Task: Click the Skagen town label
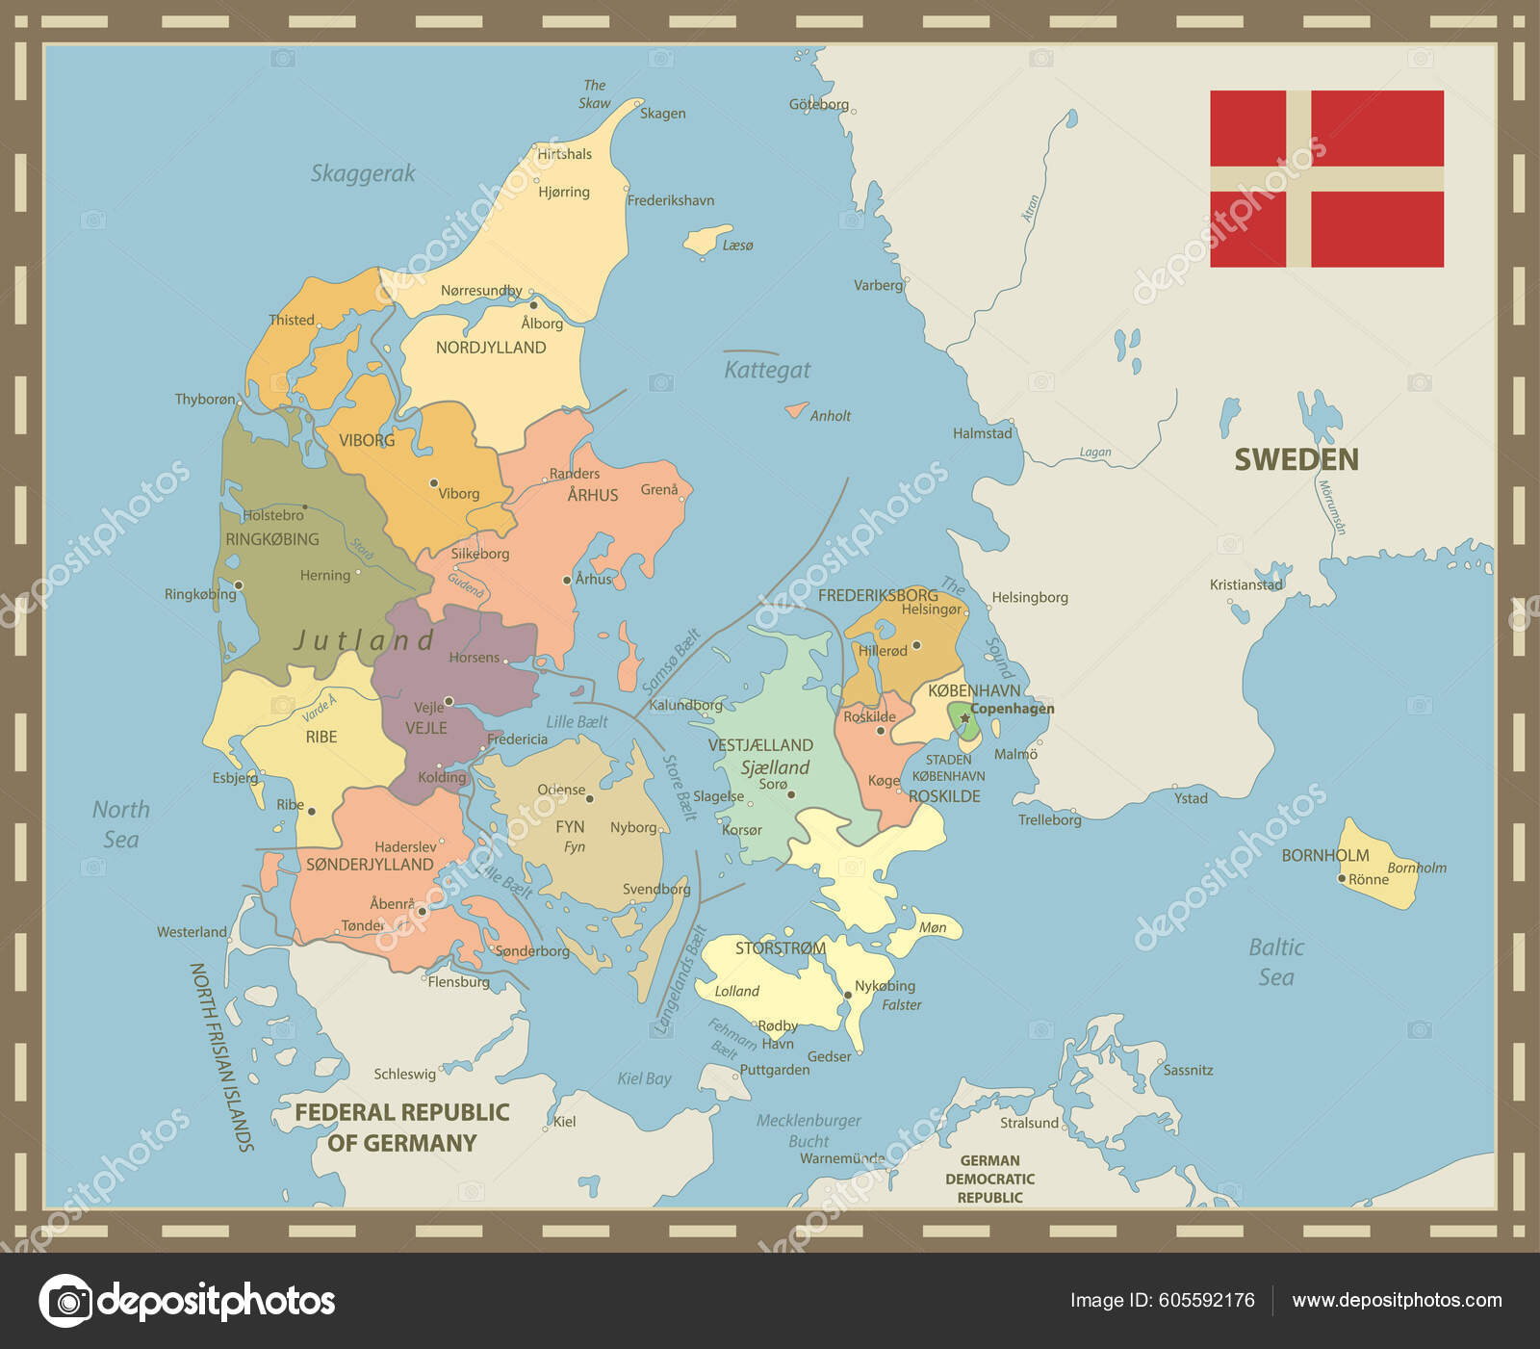coord(662,113)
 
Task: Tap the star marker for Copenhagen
coord(964,717)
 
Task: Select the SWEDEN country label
coord(1296,459)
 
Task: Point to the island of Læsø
coord(706,239)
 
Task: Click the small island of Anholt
coord(795,410)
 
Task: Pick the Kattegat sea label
coord(767,370)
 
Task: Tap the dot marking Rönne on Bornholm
coord(1342,878)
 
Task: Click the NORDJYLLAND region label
coord(491,348)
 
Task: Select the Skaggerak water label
coord(363,173)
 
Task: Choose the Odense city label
coord(561,790)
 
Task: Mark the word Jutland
coord(364,639)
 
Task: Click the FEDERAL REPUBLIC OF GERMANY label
coord(401,1128)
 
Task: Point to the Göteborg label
coord(818,104)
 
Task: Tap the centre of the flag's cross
coord(1298,179)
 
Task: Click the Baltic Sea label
coord(1276,962)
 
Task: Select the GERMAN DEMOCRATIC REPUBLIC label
coord(989,1179)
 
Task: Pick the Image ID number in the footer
coord(1206,1300)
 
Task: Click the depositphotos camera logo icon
coord(65,1301)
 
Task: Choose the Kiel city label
coord(564,1121)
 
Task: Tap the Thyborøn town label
coord(204,399)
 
